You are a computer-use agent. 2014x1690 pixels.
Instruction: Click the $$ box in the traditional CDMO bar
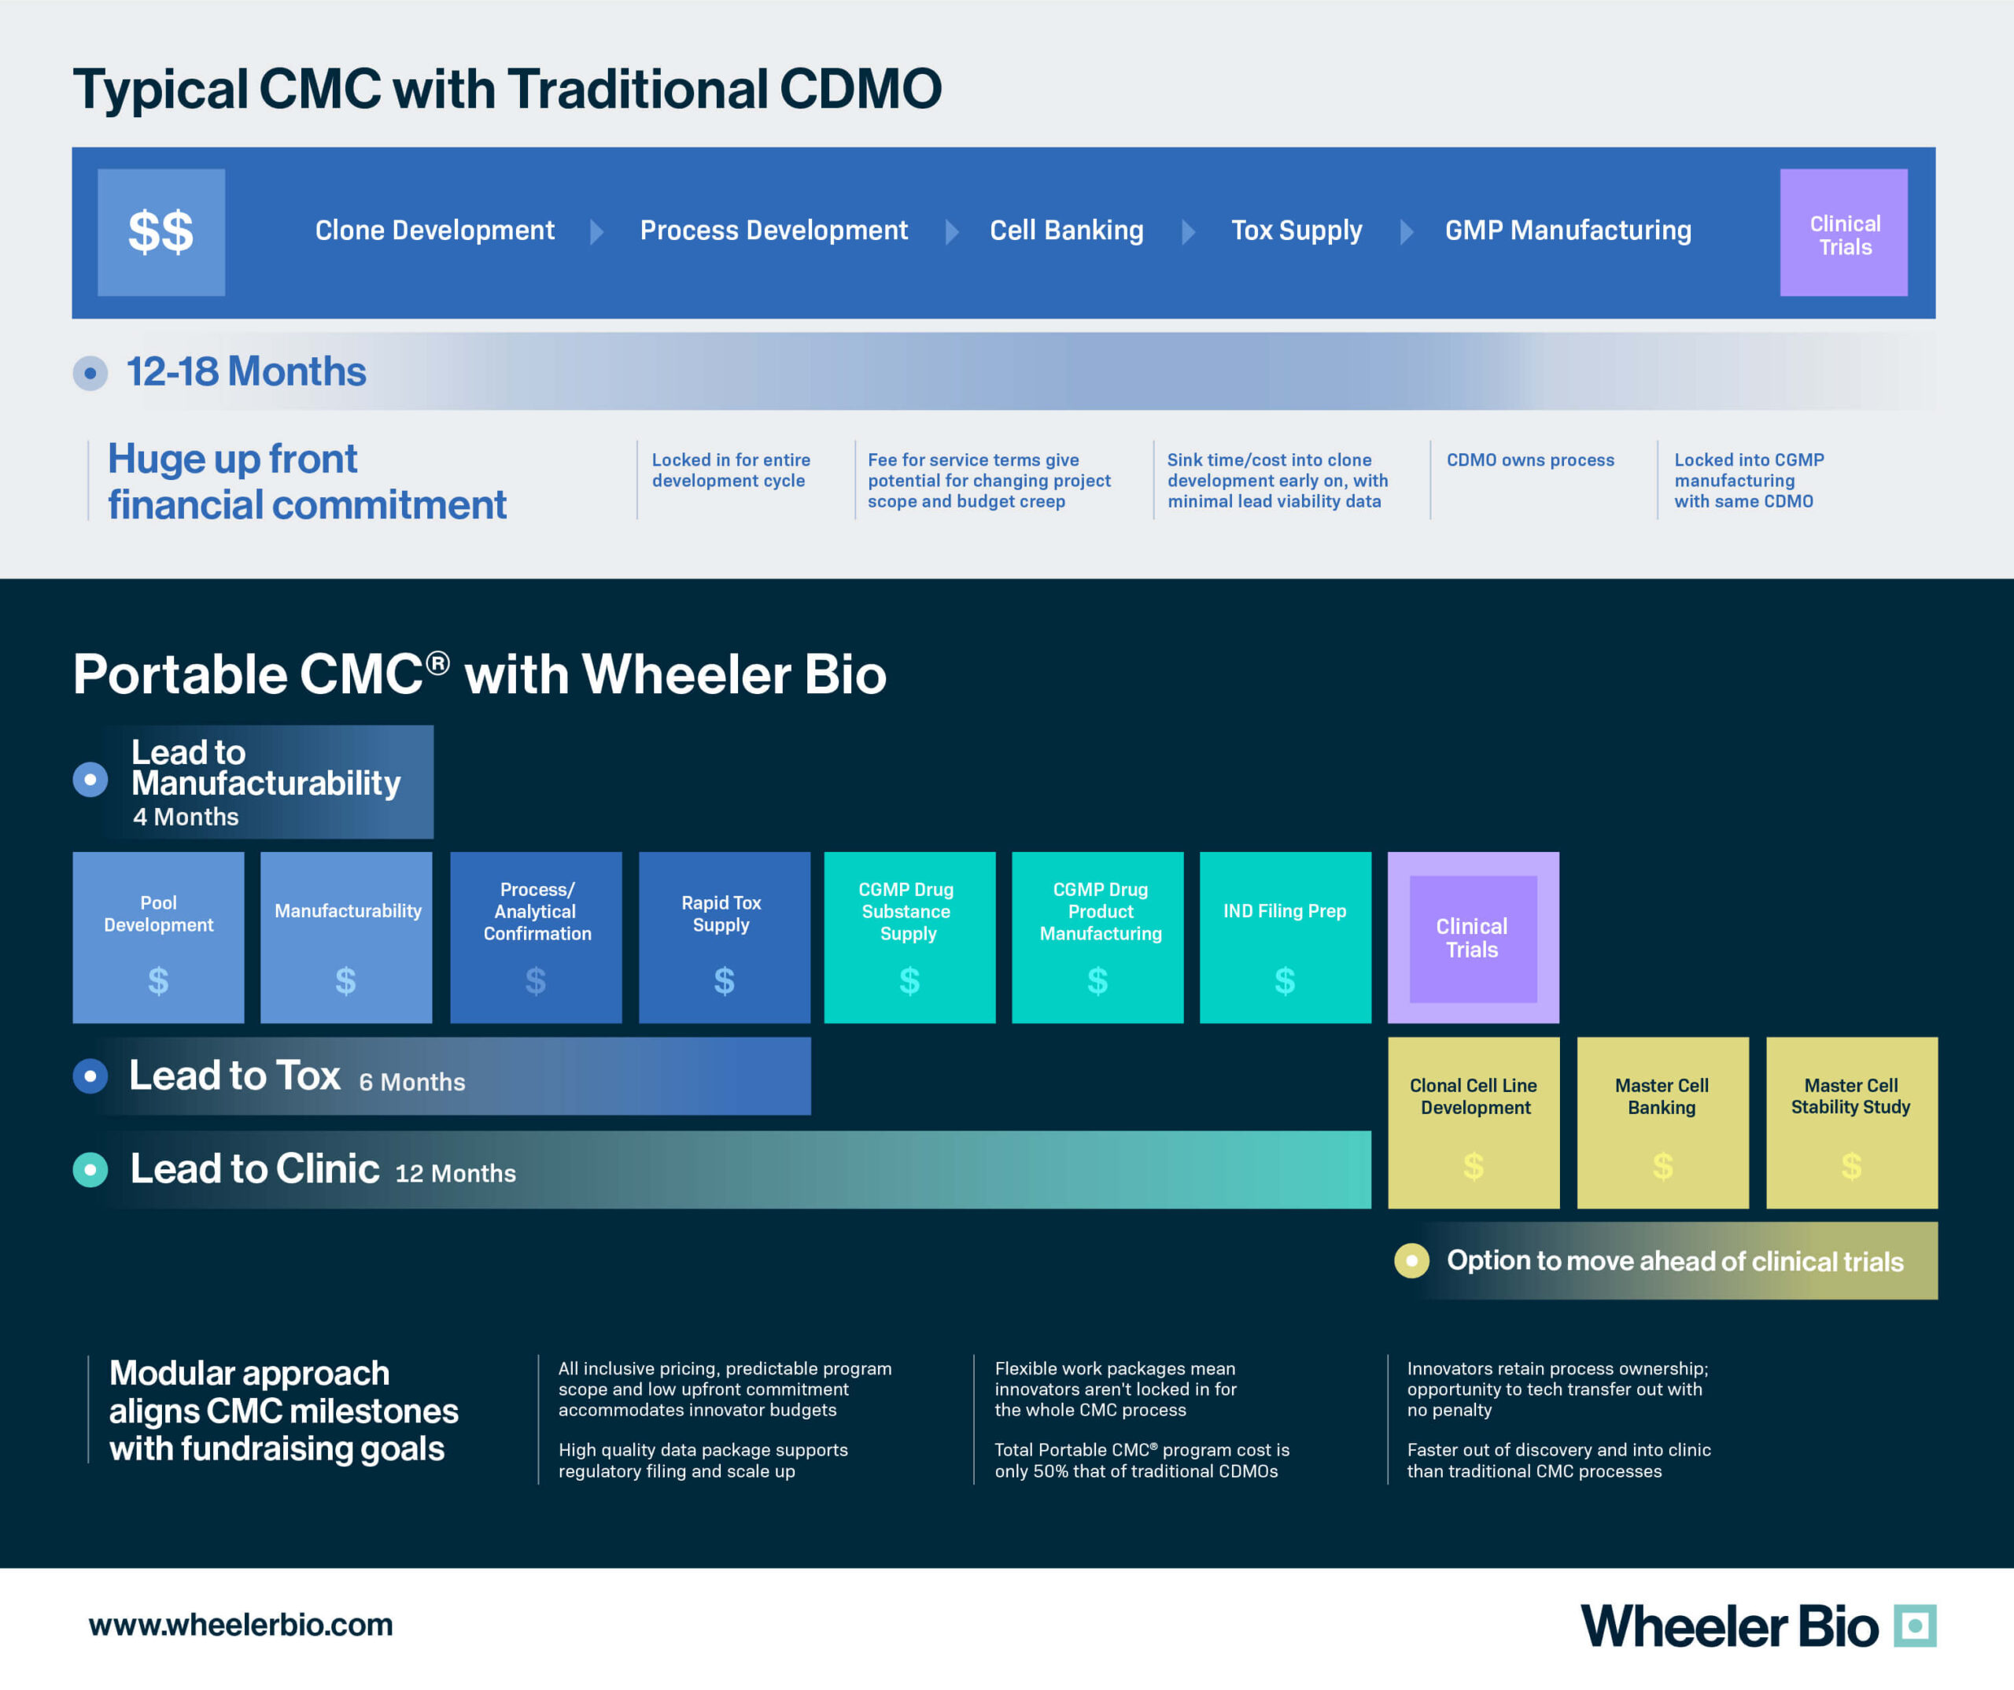coord(161,232)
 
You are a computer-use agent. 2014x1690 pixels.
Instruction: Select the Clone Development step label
coord(434,231)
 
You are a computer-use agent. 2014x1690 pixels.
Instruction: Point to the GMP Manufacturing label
coord(1568,231)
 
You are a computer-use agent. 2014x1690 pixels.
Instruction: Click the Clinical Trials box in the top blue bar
coord(1843,232)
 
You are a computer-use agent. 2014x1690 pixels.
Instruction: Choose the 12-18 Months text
coord(246,371)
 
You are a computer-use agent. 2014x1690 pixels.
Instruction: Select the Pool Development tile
coord(158,937)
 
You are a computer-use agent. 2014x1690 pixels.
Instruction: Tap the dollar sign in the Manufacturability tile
coord(346,980)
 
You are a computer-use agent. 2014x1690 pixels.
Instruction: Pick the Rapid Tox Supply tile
coord(724,937)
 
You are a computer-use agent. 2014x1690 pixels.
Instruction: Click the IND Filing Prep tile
coord(1285,937)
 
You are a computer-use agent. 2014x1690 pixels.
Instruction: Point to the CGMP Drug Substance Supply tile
coord(909,937)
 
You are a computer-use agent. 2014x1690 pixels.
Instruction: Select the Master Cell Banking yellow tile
coord(1663,1122)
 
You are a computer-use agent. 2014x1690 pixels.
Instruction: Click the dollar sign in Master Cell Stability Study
coord(1852,1166)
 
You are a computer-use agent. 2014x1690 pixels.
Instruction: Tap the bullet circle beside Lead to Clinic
coord(90,1169)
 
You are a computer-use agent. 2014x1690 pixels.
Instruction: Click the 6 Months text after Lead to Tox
coord(412,1082)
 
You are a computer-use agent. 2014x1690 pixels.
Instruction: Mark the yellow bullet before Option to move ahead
coord(1411,1260)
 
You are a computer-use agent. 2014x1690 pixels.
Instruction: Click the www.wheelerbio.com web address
coord(241,1625)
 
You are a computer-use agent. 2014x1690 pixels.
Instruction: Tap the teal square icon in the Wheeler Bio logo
coord(1915,1625)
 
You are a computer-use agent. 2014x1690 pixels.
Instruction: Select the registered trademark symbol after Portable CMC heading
coord(437,662)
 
